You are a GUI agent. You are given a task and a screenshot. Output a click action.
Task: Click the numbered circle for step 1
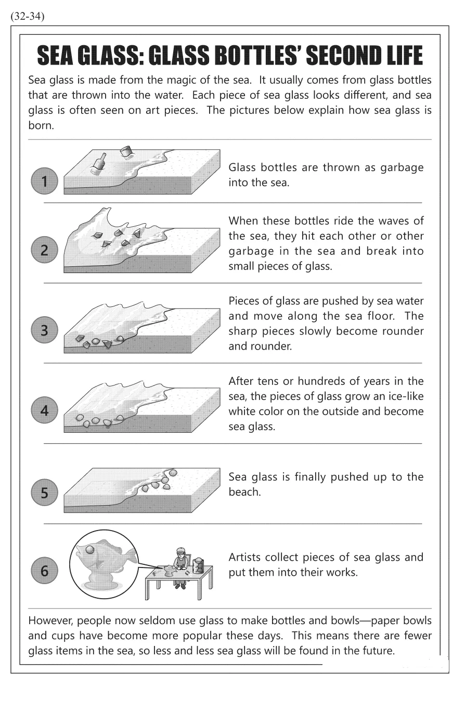tap(44, 181)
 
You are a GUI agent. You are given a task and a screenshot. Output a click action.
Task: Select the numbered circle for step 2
tap(44, 250)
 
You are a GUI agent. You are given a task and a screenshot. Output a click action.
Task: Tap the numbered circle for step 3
tap(44, 330)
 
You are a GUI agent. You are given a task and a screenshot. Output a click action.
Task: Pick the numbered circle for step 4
tap(44, 410)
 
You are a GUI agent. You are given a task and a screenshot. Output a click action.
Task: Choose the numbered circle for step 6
tap(44, 571)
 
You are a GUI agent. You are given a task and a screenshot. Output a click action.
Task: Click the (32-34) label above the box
tap(27, 16)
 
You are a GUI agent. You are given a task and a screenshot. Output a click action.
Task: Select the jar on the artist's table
tap(198, 566)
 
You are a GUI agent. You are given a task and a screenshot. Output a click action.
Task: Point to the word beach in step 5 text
tap(244, 492)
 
